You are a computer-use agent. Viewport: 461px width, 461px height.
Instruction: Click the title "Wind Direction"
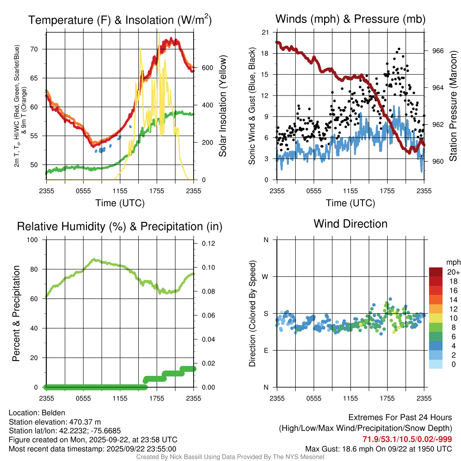[x=350, y=224]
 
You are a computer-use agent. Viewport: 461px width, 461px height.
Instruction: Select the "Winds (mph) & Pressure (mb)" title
[x=350, y=19]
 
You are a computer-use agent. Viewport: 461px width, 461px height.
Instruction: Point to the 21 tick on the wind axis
[x=265, y=32]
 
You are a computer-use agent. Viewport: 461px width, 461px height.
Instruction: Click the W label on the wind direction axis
[x=266, y=277]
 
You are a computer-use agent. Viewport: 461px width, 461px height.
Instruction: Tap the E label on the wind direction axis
[x=266, y=351]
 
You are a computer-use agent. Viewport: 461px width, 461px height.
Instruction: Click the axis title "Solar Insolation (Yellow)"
[x=222, y=106]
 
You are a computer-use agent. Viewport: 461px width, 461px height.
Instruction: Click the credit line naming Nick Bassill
[x=230, y=456]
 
